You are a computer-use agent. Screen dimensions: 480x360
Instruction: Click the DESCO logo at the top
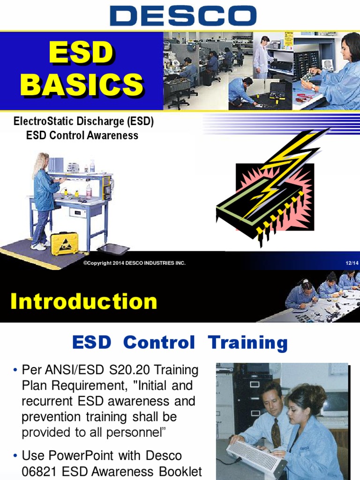coord(183,15)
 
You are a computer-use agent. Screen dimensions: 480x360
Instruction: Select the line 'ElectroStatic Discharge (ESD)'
coord(84,122)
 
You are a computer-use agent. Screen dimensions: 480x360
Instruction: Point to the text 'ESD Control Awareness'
coord(82,135)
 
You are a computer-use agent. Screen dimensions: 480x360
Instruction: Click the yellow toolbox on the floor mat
coord(64,243)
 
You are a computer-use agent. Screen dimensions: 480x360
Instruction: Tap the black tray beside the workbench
coord(113,249)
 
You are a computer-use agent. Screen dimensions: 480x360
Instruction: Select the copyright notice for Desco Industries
coord(134,263)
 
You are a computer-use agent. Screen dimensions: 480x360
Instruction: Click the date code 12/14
coord(352,263)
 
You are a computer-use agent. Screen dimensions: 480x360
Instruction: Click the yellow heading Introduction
coord(84,301)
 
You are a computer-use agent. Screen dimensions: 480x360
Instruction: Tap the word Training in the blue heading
coord(248,343)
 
